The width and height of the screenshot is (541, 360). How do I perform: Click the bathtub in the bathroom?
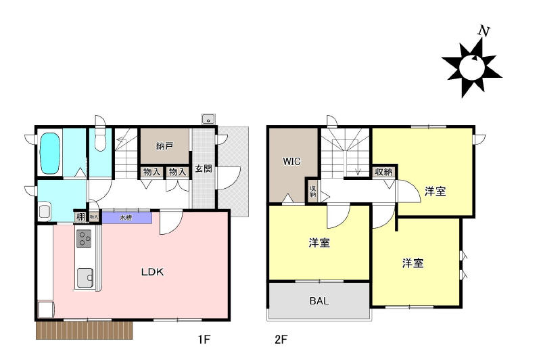50,154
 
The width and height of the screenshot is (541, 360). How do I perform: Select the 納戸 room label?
164,146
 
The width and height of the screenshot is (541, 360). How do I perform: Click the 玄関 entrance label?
204,168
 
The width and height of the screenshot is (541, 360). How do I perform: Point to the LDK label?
153,272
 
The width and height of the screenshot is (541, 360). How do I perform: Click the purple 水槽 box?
127,218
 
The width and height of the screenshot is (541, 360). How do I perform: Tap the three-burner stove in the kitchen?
83,238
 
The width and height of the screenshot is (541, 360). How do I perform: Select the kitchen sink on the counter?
85,277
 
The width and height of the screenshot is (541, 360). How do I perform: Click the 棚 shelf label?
80,217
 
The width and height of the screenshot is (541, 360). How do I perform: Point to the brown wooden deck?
85,330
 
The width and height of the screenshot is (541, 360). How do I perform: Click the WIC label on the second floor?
291,161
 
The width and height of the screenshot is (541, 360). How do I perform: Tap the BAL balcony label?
319,300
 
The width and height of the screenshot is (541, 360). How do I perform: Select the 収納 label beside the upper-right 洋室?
384,172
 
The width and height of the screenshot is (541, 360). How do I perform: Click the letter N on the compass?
484,31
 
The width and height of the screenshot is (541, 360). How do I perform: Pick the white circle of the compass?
471,67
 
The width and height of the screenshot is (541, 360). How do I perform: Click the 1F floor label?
204,340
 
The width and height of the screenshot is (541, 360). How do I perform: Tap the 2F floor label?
281,340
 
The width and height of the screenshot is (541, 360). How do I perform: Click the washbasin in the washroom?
45,212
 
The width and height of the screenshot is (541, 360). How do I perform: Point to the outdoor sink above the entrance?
208,118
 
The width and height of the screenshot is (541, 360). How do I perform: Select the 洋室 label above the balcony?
319,243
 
